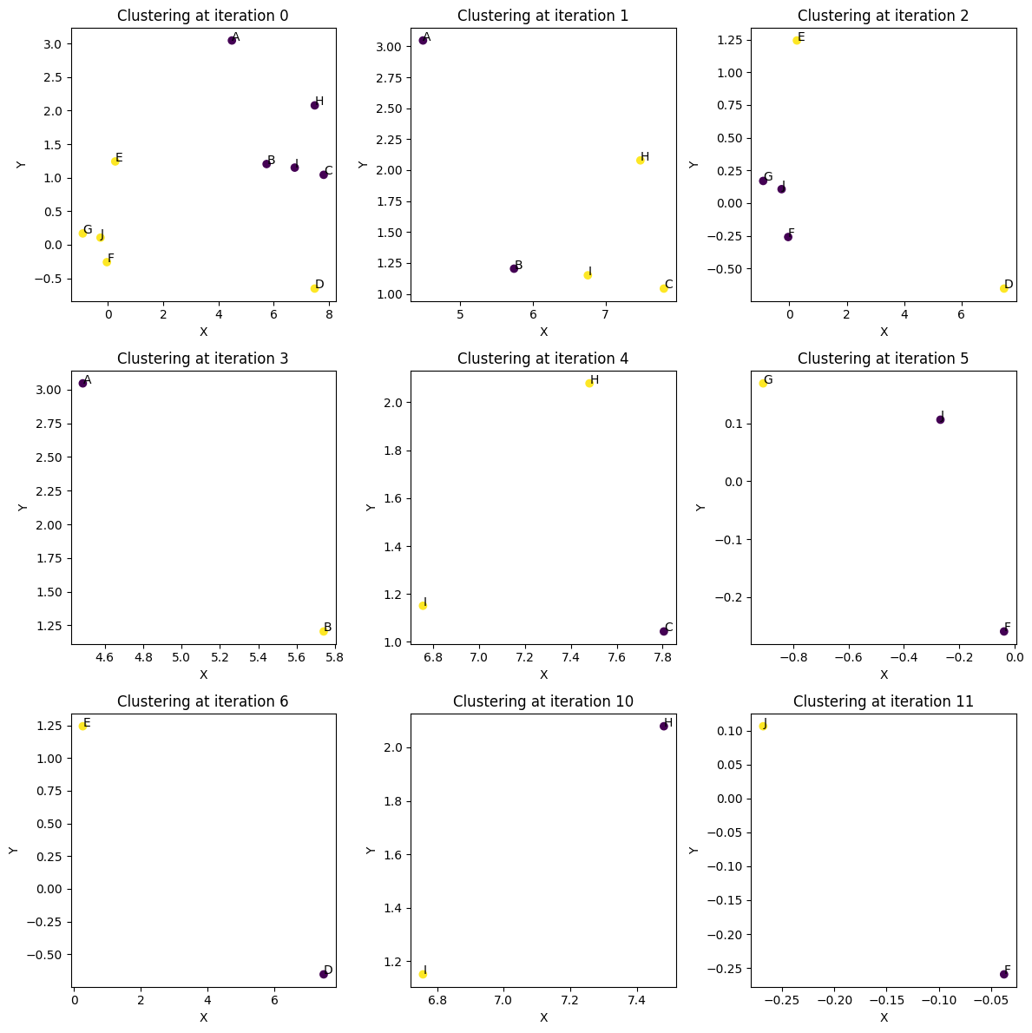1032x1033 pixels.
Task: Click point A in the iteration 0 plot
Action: click(x=232, y=40)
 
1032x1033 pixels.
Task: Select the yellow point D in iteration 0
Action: click(x=314, y=288)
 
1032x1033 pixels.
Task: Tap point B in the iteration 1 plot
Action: click(x=514, y=268)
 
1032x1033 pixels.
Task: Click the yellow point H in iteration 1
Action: click(x=640, y=160)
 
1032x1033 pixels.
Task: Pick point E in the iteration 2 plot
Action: click(x=797, y=40)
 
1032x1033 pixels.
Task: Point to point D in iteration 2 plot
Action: click(x=1003, y=288)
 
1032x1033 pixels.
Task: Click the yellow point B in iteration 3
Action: click(x=323, y=631)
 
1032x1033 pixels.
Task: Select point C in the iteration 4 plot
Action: click(x=664, y=631)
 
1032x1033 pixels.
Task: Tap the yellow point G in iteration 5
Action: click(x=763, y=383)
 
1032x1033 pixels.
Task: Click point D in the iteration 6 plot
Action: click(x=323, y=974)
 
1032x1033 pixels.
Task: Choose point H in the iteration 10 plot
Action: click(x=664, y=726)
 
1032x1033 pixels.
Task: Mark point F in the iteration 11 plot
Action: click(x=1003, y=974)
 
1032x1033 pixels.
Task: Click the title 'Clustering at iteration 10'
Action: click(x=543, y=701)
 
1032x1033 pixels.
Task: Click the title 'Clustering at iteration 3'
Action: click(x=203, y=359)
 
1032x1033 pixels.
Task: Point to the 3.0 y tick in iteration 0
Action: click(x=53, y=44)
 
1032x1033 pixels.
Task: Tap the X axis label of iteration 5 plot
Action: click(x=884, y=674)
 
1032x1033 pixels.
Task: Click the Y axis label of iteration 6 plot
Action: click(x=13, y=850)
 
